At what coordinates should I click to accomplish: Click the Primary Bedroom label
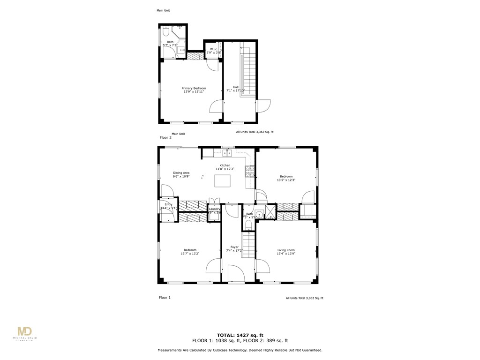pos(194,88)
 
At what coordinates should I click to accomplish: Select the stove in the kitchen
pos(249,172)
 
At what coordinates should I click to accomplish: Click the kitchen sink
pos(227,153)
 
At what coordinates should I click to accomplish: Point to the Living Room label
pos(286,250)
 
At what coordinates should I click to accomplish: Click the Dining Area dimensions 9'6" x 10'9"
pos(181,177)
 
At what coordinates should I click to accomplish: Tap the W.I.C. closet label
pos(213,49)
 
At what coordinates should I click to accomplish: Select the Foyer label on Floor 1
pos(234,247)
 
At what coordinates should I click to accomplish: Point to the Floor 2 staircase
pos(249,70)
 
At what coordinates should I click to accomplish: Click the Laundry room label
pos(214,209)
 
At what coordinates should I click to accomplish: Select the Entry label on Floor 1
pos(168,204)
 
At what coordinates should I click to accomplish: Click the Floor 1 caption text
pos(165,298)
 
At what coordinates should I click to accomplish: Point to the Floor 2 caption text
pos(165,138)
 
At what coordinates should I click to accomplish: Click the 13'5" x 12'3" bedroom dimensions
pos(286,180)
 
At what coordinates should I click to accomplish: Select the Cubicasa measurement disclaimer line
pos(240,350)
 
